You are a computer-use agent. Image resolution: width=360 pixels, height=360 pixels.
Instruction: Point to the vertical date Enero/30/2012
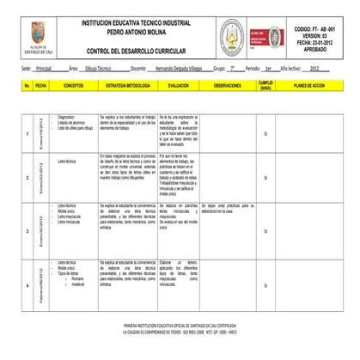(40, 227)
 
